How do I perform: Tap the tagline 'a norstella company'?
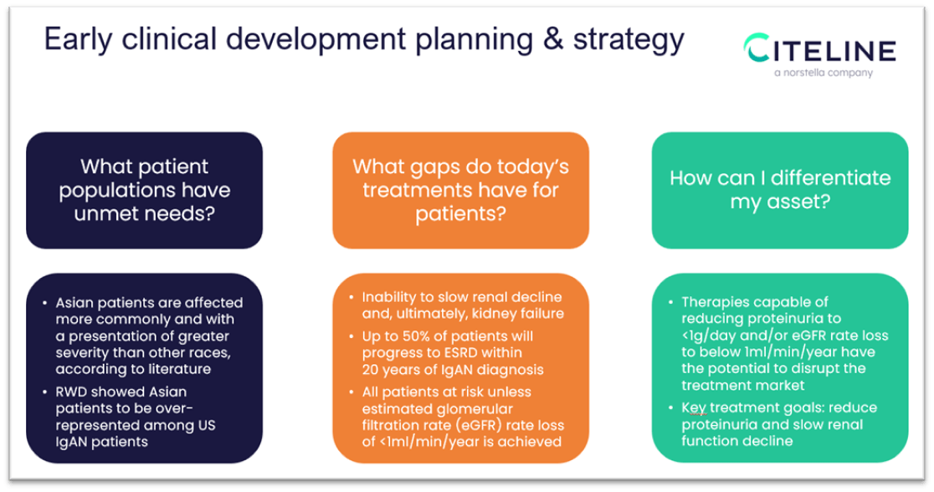pos(823,73)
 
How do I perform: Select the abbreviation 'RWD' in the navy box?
pos(74,392)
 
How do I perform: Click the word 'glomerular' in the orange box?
pos(461,409)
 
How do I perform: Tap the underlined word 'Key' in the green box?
pos(694,409)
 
